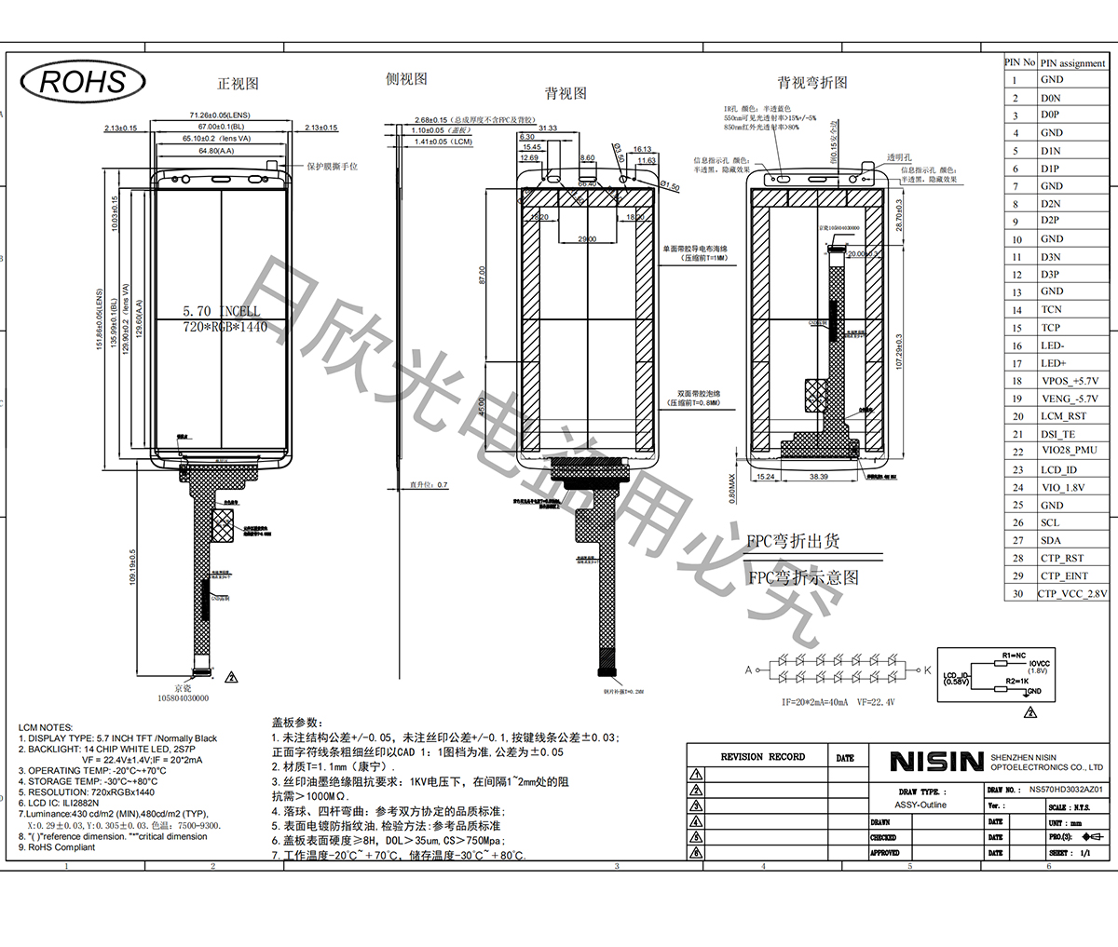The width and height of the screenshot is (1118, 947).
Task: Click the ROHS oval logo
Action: pyautogui.click(x=82, y=81)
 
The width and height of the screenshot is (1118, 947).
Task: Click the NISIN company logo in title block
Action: pyautogui.click(x=935, y=762)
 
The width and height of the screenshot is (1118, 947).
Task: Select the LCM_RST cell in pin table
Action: pyautogui.click(x=1063, y=416)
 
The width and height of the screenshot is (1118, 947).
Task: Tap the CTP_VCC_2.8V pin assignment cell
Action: pyautogui.click(x=1072, y=593)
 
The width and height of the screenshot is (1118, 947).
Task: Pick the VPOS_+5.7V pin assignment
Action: pyautogui.click(x=1069, y=381)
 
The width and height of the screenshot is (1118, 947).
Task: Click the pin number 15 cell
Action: pyautogui.click(x=1016, y=328)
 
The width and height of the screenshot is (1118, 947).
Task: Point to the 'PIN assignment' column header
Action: pyautogui.click(x=1072, y=63)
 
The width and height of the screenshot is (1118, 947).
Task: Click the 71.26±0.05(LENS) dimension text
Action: pyautogui.click(x=221, y=115)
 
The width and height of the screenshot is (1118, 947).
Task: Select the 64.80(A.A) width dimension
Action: pyautogui.click(x=215, y=150)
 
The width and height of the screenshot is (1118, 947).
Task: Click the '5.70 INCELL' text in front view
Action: pyautogui.click(x=222, y=312)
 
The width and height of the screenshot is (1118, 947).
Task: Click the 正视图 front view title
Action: pyautogui.click(x=238, y=84)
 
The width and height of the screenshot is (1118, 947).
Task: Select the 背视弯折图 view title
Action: pyautogui.click(x=812, y=83)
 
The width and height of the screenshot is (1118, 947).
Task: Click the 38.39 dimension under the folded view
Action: pyautogui.click(x=817, y=477)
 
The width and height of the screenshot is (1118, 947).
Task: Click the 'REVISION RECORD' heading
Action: pyautogui.click(x=762, y=757)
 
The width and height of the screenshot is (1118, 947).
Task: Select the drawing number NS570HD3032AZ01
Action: pyautogui.click(x=1066, y=789)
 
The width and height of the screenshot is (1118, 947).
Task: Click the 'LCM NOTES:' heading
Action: pyautogui.click(x=46, y=727)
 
